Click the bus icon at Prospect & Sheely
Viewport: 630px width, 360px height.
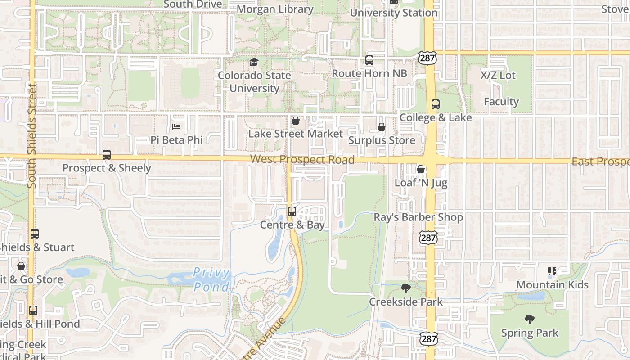point(107,155)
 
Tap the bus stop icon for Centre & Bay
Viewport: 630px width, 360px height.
point(292,211)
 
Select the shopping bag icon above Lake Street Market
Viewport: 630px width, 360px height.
point(296,121)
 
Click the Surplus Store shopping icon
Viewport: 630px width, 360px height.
point(382,127)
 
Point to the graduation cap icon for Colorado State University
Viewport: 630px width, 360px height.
point(254,62)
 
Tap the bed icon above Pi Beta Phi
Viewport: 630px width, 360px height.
point(176,127)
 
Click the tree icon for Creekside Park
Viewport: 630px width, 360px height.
point(405,288)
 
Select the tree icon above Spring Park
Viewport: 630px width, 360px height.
point(530,319)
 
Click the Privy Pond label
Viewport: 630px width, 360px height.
point(211,279)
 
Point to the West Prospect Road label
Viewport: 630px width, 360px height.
point(302,159)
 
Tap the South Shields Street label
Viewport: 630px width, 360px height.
point(31,136)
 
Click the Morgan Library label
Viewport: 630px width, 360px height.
point(275,9)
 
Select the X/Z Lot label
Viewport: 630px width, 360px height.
point(498,75)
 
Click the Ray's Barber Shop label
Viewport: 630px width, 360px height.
point(418,217)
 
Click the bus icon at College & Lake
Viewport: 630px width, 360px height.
point(435,104)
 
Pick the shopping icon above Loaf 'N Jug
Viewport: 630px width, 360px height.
point(420,169)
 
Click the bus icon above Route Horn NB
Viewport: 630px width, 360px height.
point(369,60)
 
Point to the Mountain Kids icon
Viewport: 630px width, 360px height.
point(552,271)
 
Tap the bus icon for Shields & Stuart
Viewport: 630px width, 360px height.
point(35,234)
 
